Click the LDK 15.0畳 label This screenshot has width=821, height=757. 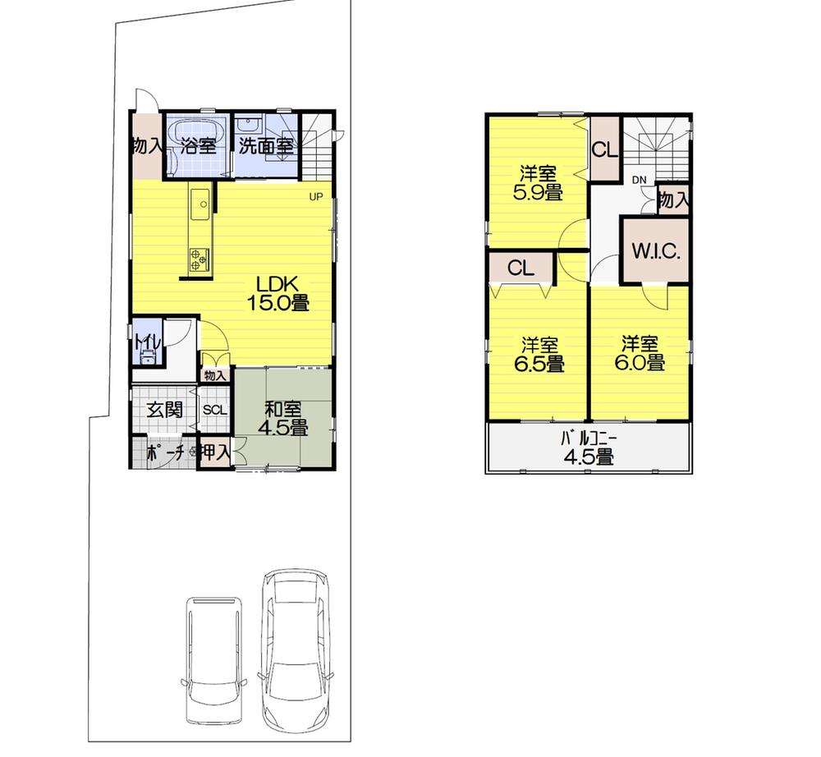pyautogui.click(x=277, y=292)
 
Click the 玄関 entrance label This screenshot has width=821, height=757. pyautogui.click(x=164, y=409)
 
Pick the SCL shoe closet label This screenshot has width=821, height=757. pyautogui.click(x=214, y=410)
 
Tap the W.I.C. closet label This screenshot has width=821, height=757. pyautogui.click(x=654, y=251)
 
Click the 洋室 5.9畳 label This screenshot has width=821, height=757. pyautogui.click(x=539, y=183)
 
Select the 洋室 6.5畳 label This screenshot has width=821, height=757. pyautogui.click(x=539, y=353)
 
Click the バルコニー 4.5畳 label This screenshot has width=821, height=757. pyautogui.click(x=588, y=450)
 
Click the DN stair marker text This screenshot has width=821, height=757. pyautogui.click(x=639, y=180)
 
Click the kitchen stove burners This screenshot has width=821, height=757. pyautogui.click(x=200, y=259)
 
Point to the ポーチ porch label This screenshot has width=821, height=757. pyautogui.click(x=164, y=452)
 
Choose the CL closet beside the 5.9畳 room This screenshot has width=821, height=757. pyautogui.click(x=604, y=151)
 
